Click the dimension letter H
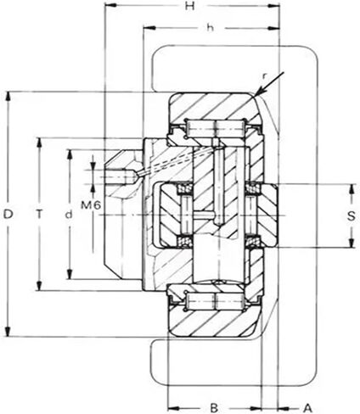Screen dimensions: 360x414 [x=189, y=6]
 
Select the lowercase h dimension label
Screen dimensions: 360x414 [x=210, y=28]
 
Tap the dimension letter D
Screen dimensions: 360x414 [x=8, y=215]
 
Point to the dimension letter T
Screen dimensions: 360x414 [x=40, y=215]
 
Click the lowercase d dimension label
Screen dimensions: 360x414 [x=69, y=215]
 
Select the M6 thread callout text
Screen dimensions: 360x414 [x=91, y=205]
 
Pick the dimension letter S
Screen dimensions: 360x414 [x=351, y=216]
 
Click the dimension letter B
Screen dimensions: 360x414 [x=214, y=408]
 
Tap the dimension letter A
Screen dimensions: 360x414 [x=307, y=408]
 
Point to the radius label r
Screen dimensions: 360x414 [x=264, y=76]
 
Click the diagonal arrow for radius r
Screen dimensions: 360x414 [x=270, y=84]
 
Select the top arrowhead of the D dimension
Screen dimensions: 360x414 [x=8, y=96]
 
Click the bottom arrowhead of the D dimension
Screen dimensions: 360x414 [x=8, y=332]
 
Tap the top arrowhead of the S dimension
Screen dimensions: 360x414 [x=352, y=189]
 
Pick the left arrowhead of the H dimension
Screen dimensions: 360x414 [x=110, y=5]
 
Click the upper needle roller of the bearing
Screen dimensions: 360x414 [x=215, y=129]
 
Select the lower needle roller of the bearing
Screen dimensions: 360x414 [x=215, y=301]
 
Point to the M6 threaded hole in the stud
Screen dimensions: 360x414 [x=115, y=176]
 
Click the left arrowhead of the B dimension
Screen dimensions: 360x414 [x=173, y=408]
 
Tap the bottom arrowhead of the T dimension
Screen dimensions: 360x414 [x=40, y=285]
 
